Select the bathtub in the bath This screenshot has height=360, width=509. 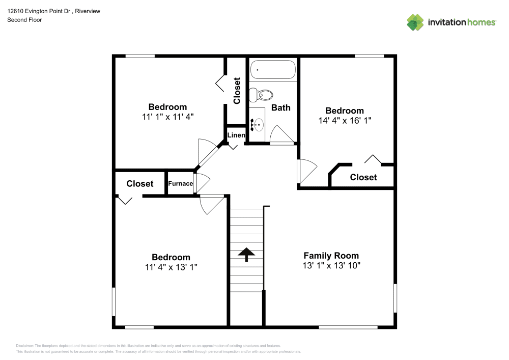272,70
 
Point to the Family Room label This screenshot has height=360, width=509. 331,256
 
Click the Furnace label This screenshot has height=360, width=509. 181,184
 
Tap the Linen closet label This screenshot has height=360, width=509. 236,135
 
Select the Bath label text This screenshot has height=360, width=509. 280,107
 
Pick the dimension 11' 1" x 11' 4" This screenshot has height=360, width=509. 167,117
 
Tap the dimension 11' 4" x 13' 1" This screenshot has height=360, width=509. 171,267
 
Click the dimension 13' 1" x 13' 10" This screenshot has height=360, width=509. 331,265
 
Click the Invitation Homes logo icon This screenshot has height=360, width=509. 415,22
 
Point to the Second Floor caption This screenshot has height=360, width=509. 24,20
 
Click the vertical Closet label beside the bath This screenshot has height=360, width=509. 237,91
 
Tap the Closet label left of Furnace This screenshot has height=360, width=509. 140,184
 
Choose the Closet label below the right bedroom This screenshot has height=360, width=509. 363,177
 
